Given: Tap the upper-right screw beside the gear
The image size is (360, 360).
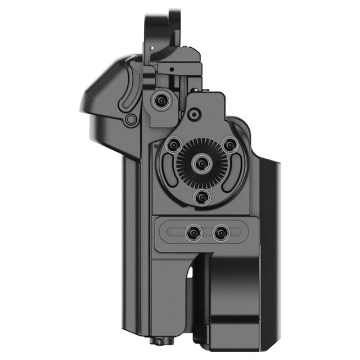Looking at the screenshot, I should pos(229,146).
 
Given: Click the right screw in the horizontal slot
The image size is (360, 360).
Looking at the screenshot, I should pos(222,232).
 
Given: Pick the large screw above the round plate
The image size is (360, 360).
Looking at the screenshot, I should pos(162,101).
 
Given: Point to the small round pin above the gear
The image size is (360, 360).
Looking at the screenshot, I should pos(194,114).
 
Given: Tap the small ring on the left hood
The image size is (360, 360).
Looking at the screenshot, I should pos(131,119).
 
